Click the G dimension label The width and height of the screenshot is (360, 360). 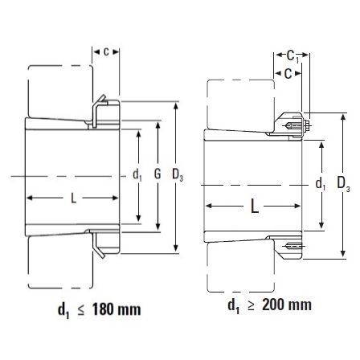[x=157, y=174]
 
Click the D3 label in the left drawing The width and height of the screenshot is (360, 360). [x=178, y=175]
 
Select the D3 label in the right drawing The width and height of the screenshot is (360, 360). [x=343, y=184]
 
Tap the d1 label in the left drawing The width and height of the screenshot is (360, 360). [x=137, y=175]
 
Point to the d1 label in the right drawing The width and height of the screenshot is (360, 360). [x=321, y=184]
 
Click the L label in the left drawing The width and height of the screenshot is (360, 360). [x=73, y=198]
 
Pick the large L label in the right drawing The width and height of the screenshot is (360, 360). [x=255, y=207]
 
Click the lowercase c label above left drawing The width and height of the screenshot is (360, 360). [x=106, y=51]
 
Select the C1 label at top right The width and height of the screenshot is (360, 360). [x=292, y=56]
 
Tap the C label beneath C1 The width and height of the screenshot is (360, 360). [x=288, y=74]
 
